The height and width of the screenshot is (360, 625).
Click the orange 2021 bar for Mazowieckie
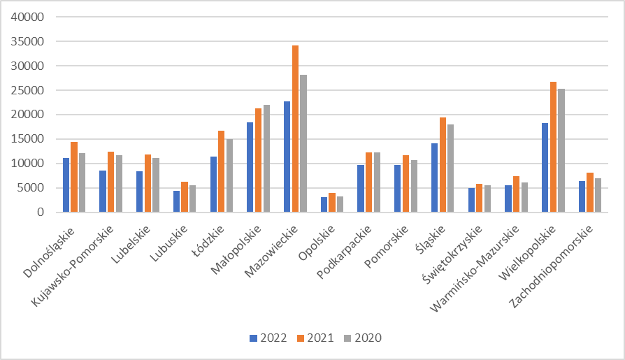point(295,129)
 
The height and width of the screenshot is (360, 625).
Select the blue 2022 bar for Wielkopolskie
point(545,168)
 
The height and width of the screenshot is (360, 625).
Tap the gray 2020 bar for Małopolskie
point(266,159)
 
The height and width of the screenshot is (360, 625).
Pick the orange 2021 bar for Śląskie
point(443,165)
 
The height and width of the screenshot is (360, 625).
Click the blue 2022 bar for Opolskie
point(324,204)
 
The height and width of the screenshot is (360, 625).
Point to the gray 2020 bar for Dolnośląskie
point(82,182)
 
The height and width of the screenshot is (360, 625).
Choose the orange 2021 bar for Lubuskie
point(185,196)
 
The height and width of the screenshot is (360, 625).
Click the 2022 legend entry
point(268,338)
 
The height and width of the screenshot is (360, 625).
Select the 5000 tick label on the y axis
point(33,188)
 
